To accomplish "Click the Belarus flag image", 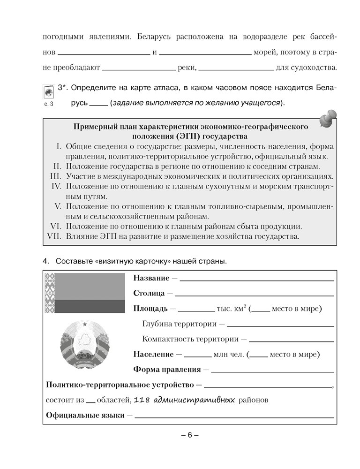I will [85, 294].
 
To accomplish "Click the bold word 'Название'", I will [151, 278].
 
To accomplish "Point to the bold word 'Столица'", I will [149, 294].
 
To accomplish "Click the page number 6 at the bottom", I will [190, 434].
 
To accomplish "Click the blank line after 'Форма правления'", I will [273, 370].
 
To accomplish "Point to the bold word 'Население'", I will [152, 354].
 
